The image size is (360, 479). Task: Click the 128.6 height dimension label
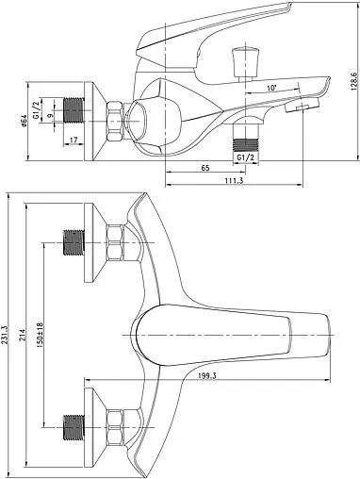(x=353, y=81)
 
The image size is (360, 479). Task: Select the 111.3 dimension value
(x=234, y=180)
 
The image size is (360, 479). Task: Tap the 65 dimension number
(x=205, y=168)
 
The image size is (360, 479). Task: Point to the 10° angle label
(x=271, y=88)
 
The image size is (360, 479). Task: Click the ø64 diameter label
(x=25, y=121)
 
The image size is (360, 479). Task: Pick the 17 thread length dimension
(x=74, y=140)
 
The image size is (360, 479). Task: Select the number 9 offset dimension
(x=50, y=116)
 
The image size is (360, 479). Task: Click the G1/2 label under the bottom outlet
(x=245, y=157)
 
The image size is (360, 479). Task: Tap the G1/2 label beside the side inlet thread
(x=36, y=110)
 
